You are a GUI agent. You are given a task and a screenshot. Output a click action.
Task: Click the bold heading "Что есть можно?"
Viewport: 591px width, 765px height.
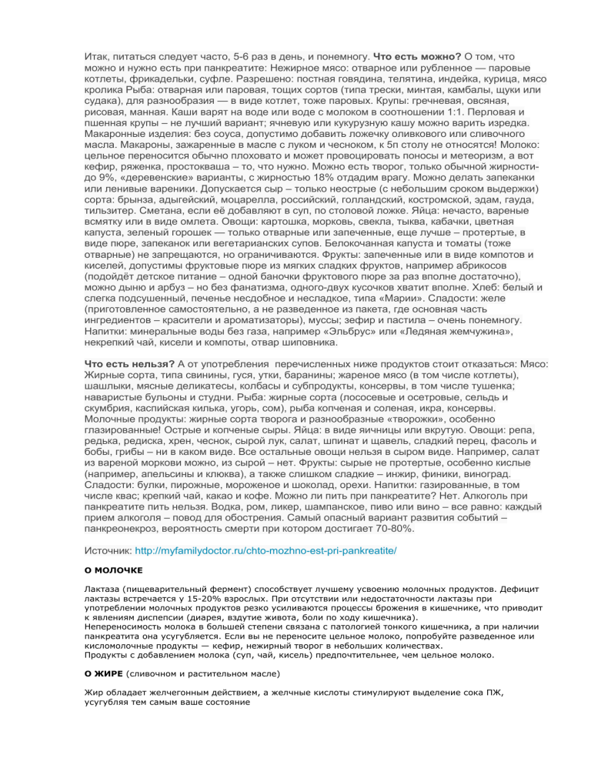tap(417, 56)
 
